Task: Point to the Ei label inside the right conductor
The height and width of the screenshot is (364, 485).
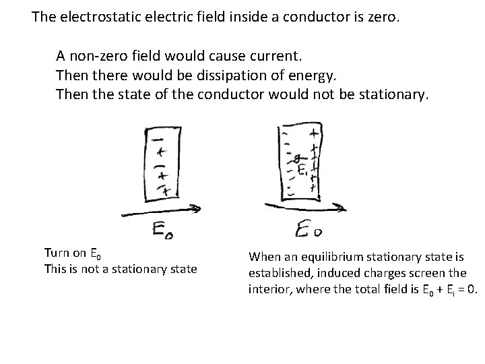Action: pos(302,169)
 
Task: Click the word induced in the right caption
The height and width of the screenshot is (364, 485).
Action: pos(331,274)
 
